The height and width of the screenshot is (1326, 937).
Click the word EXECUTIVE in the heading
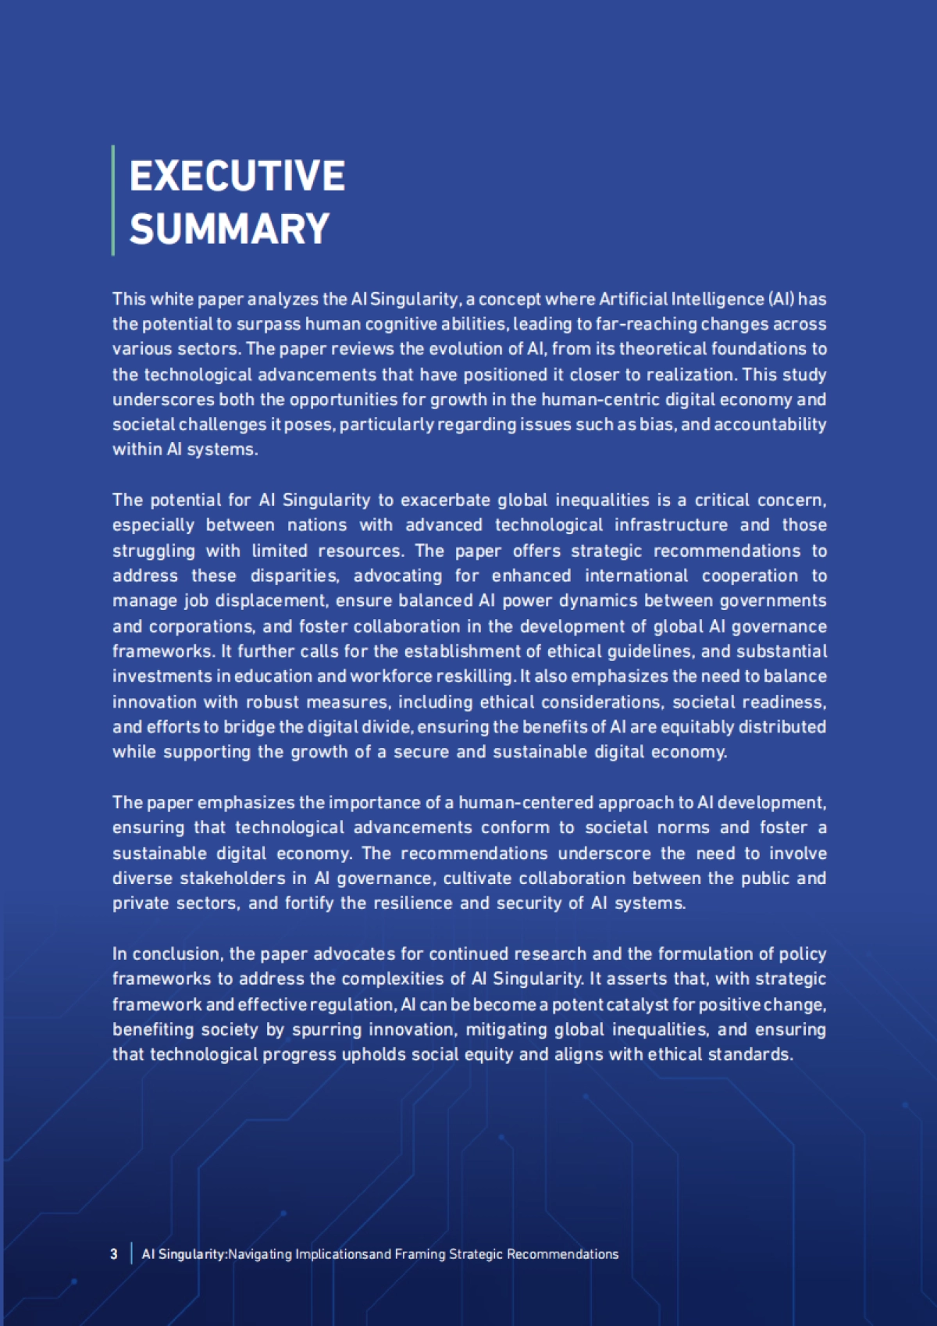pyautogui.click(x=237, y=176)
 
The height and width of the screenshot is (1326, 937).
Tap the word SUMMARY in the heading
pyautogui.click(x=230, y=229)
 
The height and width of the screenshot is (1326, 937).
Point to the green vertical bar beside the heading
pyautogui.click(x=113, y=200)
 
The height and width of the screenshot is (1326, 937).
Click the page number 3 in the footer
pyautogui.click(x=114, y=1254)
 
